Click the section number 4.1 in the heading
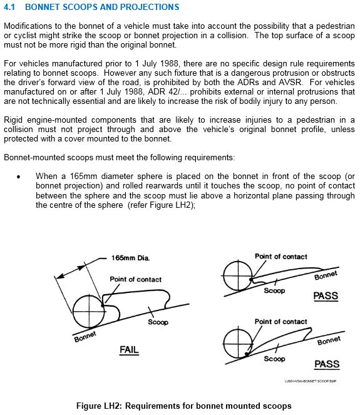tap(9, 7)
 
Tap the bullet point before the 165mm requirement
tap(18, 177)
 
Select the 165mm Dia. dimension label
tap(130, 258)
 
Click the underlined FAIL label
tap(129, 350)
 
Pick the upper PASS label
tap(326, 296)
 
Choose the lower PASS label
tap(327, 364)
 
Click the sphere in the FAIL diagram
tap(89, 312)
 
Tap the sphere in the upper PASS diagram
tap(238, 276)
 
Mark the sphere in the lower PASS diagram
tap(238, 344)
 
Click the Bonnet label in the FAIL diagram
tap(85, 337)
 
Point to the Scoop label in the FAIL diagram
tap(158, 322)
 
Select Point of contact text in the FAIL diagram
tap(135, 279)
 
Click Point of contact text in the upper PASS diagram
tap(281, 257)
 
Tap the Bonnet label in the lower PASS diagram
tap(329, 341)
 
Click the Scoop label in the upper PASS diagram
tap(274, 290)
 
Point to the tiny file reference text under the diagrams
tap(311, 381)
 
